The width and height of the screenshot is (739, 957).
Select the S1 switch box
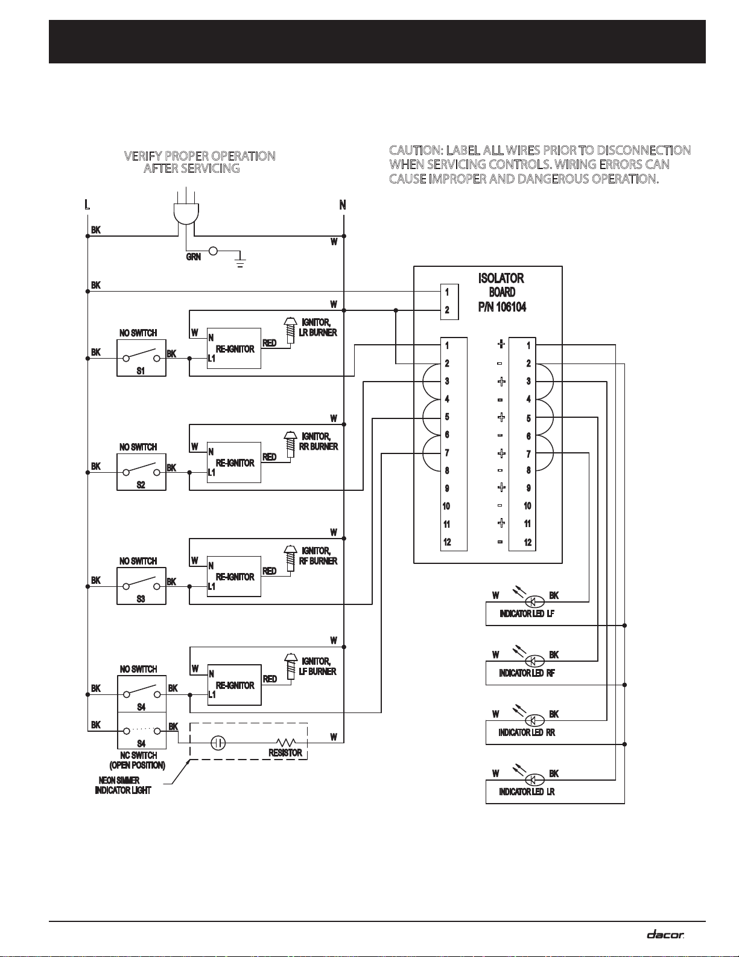pos(141,357)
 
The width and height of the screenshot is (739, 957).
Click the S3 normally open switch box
pos(141,586)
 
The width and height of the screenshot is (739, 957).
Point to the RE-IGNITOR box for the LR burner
pos(234,348)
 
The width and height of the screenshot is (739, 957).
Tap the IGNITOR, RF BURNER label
pos(318,556)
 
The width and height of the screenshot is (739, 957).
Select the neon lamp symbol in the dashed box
pos(218,743)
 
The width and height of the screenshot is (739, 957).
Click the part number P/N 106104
pos(502,307)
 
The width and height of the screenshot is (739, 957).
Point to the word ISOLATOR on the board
pos(501,278)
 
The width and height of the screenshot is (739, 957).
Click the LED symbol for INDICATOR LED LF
pos(535,601)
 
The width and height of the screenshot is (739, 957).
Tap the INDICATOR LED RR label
pos(527,732)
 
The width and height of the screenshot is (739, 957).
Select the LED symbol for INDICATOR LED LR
pos(535,779)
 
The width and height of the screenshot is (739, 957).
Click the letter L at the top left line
pos(87,205)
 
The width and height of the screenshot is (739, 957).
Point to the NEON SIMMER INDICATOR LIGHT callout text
pos(122,786)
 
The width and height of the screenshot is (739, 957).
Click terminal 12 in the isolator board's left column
pos(447,542)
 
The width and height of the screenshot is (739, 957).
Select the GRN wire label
pos(194,257)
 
